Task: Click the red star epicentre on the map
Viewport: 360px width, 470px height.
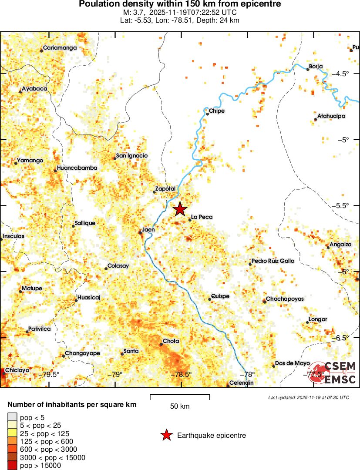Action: pos(180,209)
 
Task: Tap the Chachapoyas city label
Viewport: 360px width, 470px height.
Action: pos(284,299)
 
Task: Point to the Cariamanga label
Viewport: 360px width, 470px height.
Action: pos(60,48)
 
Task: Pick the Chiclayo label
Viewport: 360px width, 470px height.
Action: pos(17,370)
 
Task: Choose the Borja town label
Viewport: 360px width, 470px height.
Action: pos(316,67)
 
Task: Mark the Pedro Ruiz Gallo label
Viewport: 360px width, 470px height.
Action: pos(273,261)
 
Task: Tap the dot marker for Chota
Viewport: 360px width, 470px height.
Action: pos(161,344)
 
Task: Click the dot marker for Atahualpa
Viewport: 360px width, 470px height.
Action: pos(316,119)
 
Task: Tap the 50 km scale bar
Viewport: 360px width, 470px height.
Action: pos(180,397)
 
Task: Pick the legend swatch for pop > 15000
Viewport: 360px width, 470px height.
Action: pos(13,466)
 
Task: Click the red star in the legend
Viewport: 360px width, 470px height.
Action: pos(166,435)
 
